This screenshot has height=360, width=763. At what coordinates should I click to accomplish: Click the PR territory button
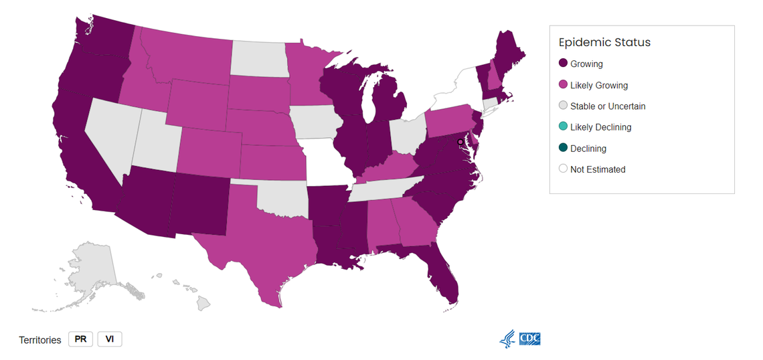coord(80,339)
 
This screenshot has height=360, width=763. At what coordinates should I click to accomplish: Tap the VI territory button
coord(110,339)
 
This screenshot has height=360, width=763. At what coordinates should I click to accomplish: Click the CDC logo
coord(529,339)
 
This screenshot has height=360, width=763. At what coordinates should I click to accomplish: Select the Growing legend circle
coord(564,64)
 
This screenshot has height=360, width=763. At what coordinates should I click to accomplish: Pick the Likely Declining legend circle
coord(564,127)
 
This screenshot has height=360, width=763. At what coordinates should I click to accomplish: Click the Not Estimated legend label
coord(598,169)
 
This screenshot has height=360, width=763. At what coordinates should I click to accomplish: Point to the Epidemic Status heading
coord(604,42)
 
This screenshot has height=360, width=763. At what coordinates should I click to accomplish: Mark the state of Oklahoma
coord(281,197)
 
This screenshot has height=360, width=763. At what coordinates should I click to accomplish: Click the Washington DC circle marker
coord(460,143)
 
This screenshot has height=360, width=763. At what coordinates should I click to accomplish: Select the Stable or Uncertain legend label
coord(608,106)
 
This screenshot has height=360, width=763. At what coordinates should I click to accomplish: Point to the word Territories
coord(40,340)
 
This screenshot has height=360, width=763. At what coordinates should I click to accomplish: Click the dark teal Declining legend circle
coord(564,148)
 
